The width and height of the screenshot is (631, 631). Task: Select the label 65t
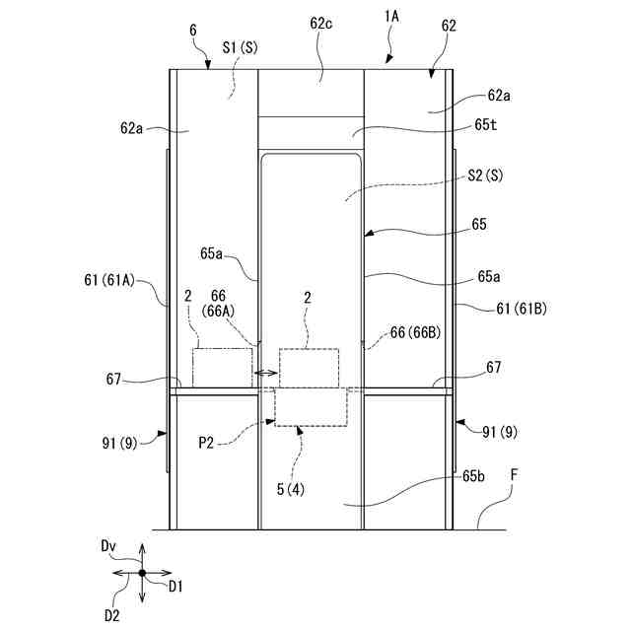click(x=487, y=125)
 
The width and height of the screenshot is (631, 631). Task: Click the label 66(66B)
click(x=414, y=333)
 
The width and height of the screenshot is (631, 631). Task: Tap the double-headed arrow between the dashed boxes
click(x=264, y=373)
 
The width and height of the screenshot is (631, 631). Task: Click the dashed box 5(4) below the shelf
click(x=311, y=407)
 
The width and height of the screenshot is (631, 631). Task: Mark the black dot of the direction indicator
click(x=142, y=572)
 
